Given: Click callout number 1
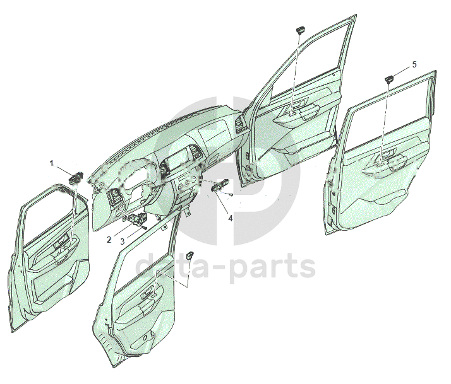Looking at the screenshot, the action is [52, 163].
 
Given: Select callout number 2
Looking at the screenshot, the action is [109, 240].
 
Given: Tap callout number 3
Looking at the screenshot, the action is [123, 241].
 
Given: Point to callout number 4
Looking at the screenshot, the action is [230, 218].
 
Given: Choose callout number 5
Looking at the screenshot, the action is [414, 64].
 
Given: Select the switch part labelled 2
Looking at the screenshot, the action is [135, 219].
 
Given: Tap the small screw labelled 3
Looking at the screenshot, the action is [145, 227].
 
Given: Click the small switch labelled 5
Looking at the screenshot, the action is [390, 78].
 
